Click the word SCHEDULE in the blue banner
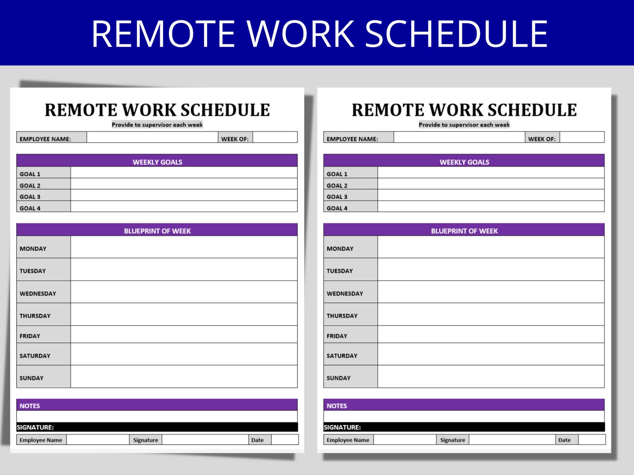pyautogui.click(x=456, y=34)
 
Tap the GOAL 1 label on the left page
pyautogui.click(x=30, y=174)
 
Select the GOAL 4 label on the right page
pyautogui.click(x=337, y=208)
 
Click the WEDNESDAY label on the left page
pyautogui.click(x=38, y=294)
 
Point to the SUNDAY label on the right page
pyautogui.click(x=339, y=378)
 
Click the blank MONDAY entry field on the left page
pyautogui.click(x=184, y=247)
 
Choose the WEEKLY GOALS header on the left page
pyautogui.click(x=157, y=162)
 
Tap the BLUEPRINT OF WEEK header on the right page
pyautogui.click(x=464, y=231)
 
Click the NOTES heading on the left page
pyautogui.click(x=30, y=406)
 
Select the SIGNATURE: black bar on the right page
pyautogui.click(x=464, y=427)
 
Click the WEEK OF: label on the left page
pyautogui.click(x=235, y=139)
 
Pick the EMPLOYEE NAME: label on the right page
pyautogui.click(x=352, y=139)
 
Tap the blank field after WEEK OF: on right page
pyautogui.click(x=582, y=138)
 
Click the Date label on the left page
pyautogui.click(x=258, y=440)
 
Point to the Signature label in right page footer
pyautogui.click(x=453, y=440)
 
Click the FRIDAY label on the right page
pyautogui.click(x=337, y=336)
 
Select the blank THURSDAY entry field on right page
pyautogui.click(x=491, y=314)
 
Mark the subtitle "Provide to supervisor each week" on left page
pyautogui.click(x=157, y=124)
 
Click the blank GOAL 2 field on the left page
pyautogui.click(x=184, y=184)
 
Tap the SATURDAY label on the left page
pyautogui.click(x=35, y=356)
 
